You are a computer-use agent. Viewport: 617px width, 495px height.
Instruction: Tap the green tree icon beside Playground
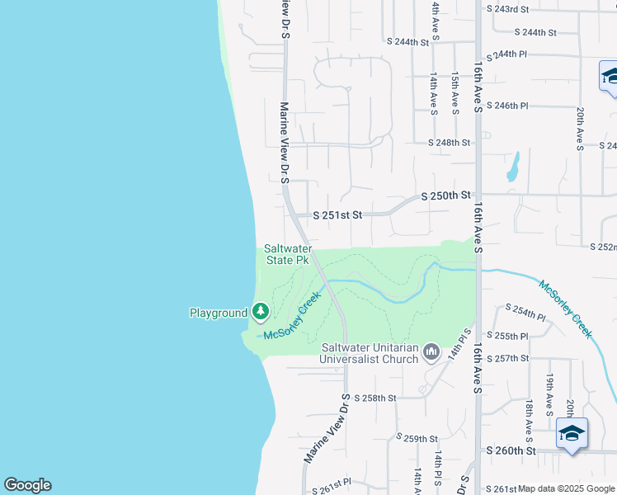(x=261, y=311)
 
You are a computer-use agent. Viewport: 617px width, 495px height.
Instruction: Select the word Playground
(x=219, y=313)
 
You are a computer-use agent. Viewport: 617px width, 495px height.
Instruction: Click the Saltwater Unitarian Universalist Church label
(x=370, y=354)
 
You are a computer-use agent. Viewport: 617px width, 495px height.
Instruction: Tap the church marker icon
(x=431, y=354)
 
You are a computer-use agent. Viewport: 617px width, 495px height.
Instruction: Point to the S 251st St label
(x=337, y=214)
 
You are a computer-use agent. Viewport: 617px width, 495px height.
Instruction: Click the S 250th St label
(x=445, y=196)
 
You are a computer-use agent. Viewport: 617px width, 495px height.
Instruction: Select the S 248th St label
(x=449, y=143)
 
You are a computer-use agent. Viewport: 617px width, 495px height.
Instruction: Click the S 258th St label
(x=375, y=398)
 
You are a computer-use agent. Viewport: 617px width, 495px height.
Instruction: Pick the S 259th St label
(x=417, y=438)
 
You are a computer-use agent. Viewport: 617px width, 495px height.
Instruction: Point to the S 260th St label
(x=511, y=451)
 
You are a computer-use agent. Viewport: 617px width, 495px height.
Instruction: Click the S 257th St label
(x=507, y=359)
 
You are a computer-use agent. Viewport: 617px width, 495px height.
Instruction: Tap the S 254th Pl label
(x=525, y=317)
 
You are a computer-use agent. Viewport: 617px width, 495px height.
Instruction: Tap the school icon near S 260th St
(x=572, y=433)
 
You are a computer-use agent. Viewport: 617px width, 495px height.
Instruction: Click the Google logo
(x=27, y=485)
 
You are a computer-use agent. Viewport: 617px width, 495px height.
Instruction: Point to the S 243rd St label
(x=507, y=8)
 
